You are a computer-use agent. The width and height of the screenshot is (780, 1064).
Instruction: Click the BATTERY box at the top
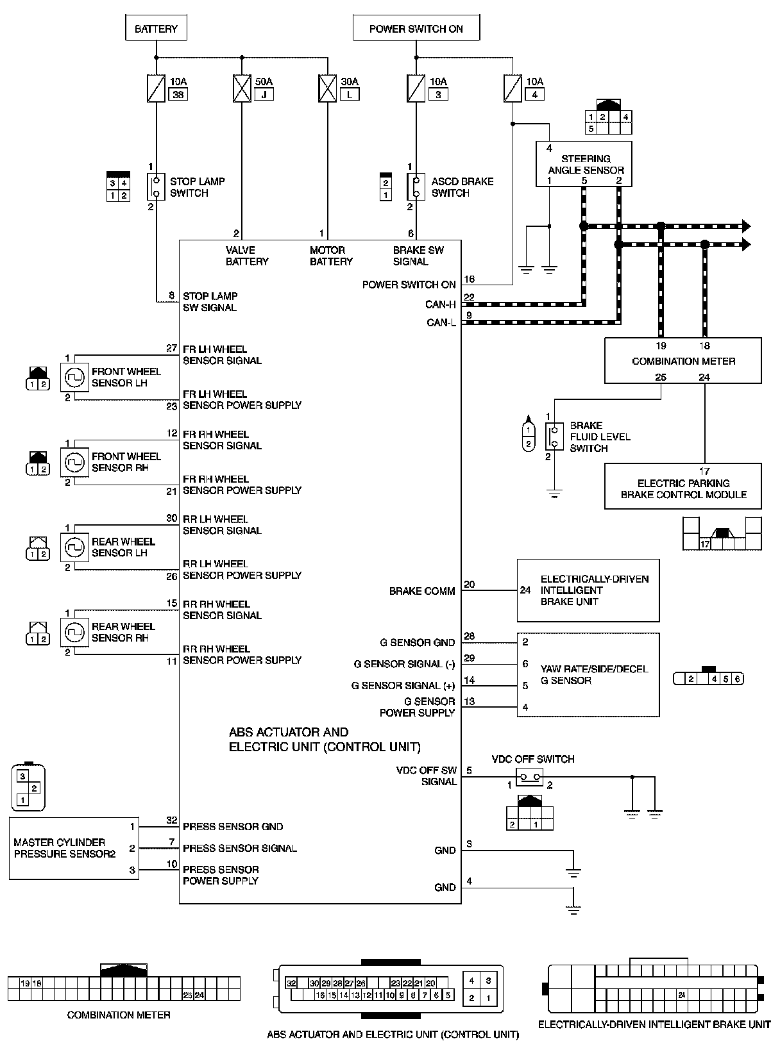pos(156,29)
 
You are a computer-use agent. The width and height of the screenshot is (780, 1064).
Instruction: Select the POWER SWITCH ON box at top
pos(416,29)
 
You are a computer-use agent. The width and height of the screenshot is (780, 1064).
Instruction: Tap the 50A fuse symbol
pos(242,88)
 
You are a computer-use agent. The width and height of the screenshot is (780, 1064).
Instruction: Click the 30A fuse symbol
pos(328,88)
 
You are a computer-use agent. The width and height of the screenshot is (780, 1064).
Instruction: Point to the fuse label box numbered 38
pos(178,94)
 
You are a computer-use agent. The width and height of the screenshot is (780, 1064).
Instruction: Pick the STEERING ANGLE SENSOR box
pos(584,164)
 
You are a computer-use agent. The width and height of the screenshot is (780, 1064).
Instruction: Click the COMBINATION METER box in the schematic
pos(683,361)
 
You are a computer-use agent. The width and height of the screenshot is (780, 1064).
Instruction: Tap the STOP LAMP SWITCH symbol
pos(156,187)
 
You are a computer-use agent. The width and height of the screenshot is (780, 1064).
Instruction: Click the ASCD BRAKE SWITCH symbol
pos(415,187)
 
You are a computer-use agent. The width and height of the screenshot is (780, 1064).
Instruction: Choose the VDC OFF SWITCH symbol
pos(530,777)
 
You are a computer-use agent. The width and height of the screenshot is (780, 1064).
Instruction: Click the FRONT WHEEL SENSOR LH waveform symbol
pos(74,378)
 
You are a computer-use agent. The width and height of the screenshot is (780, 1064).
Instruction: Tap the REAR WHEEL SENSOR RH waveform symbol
pos(74,633)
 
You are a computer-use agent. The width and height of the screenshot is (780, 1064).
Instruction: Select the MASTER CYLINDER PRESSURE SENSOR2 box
pos(74,848)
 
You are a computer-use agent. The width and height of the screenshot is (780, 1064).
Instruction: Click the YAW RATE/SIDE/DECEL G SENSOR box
pos(588,674)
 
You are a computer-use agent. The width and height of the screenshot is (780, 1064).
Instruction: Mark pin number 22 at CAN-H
pos(469,297)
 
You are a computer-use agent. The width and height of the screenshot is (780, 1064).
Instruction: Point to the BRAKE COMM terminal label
pos(422,591)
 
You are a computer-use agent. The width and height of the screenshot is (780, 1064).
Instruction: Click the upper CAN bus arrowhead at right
pos(746,226)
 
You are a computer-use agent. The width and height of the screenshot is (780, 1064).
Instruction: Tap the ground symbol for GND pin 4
pos(574,909)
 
